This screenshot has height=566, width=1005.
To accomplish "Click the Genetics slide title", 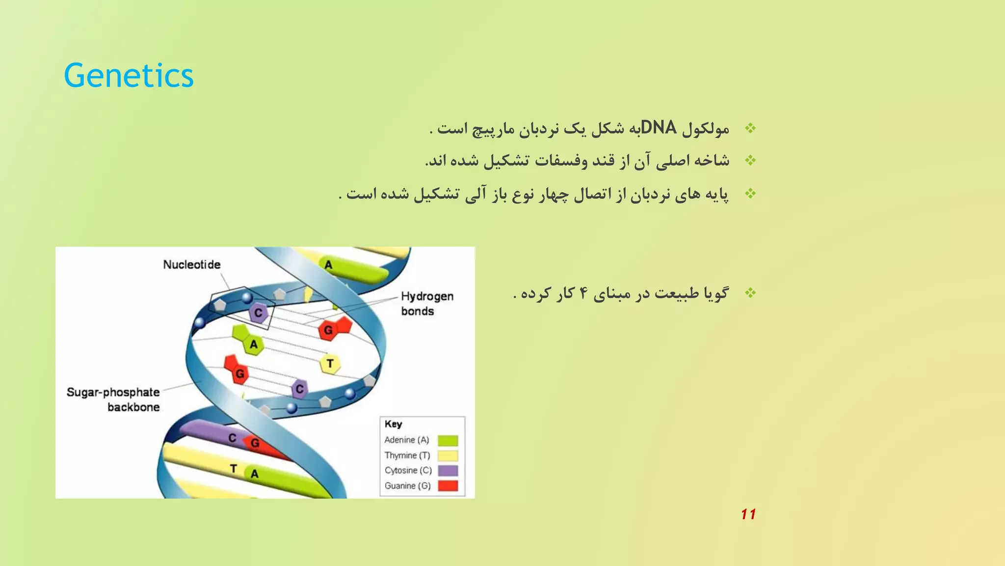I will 129,76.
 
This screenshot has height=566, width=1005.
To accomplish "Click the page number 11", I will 748,514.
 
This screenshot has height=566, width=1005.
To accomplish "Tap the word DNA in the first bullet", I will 659,128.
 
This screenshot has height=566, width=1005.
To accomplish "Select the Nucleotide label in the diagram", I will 191,264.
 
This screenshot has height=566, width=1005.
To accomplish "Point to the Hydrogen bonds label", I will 427,303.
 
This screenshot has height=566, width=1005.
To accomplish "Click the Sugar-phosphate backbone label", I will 113,399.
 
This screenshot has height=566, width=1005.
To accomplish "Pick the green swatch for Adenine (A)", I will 448,440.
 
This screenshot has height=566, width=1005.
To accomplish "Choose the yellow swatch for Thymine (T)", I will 448,455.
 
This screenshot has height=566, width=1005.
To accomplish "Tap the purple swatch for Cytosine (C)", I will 448,471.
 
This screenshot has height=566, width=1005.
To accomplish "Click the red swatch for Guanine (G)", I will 448,486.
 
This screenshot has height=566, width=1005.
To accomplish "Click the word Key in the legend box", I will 393,424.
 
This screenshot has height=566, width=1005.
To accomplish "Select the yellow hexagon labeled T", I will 330,364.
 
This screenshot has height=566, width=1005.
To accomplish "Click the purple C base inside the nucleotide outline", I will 258,313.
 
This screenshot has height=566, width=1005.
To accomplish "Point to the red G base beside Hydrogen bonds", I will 329,330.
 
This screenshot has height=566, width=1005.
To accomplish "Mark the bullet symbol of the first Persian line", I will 750,129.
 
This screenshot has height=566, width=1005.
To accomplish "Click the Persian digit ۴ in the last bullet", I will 583,294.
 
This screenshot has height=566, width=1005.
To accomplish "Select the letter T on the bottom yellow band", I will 234,469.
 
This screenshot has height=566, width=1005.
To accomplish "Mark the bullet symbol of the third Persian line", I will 750,194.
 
